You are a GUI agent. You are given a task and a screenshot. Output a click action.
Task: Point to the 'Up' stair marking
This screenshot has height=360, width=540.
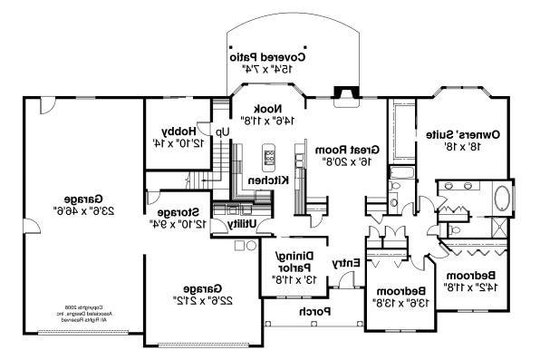222,131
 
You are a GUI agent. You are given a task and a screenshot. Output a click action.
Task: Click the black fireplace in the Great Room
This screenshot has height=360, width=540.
342,91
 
